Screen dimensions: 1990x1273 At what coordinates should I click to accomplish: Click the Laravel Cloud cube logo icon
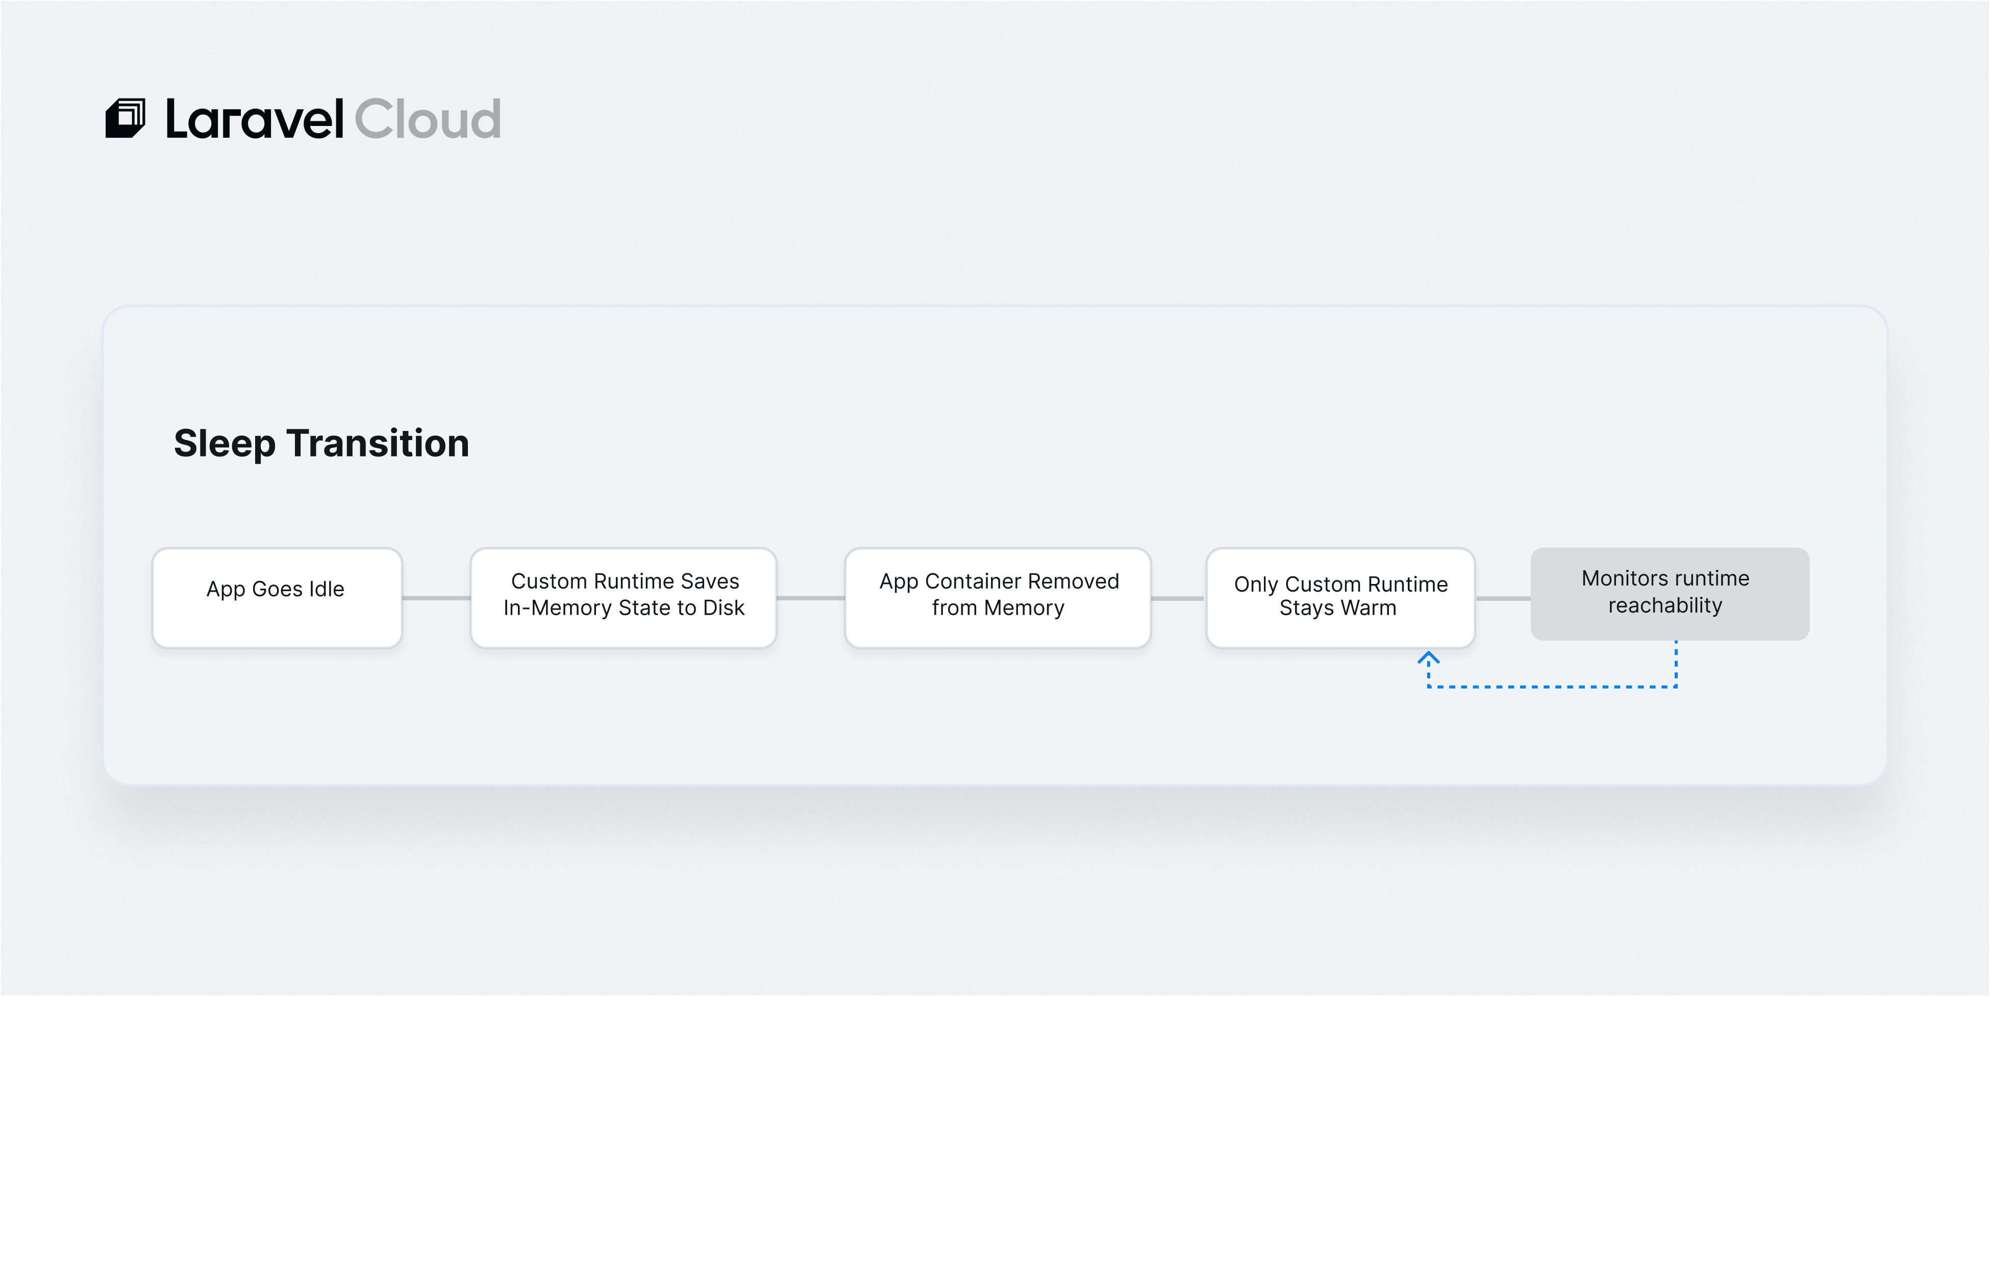click(x=125, y=118)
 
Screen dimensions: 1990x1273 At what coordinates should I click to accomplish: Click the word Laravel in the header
click(x=255, y=119)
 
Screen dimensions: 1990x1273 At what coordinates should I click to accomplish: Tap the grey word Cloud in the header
click(x=428, y=119)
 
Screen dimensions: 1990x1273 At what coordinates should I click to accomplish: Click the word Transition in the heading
click(x=378, y=443)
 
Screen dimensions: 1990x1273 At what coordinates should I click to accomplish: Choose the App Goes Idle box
click(x=277, y=598)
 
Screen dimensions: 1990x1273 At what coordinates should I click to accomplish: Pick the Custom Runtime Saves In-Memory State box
click(x=624, y=598)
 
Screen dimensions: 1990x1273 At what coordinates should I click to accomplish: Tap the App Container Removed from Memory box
click(x=998, y=598)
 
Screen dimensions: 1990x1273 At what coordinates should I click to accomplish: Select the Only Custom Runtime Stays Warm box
click(x=1340, y=598)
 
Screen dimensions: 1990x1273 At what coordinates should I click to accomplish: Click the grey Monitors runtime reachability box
click(x=1669, y=594)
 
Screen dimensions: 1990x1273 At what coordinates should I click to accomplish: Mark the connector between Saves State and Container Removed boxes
click(x=811, y=598)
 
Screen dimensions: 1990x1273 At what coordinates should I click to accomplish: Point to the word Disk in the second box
click(x=724, y=608)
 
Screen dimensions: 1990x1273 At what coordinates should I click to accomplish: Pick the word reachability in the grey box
click(x=1665, y=606)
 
